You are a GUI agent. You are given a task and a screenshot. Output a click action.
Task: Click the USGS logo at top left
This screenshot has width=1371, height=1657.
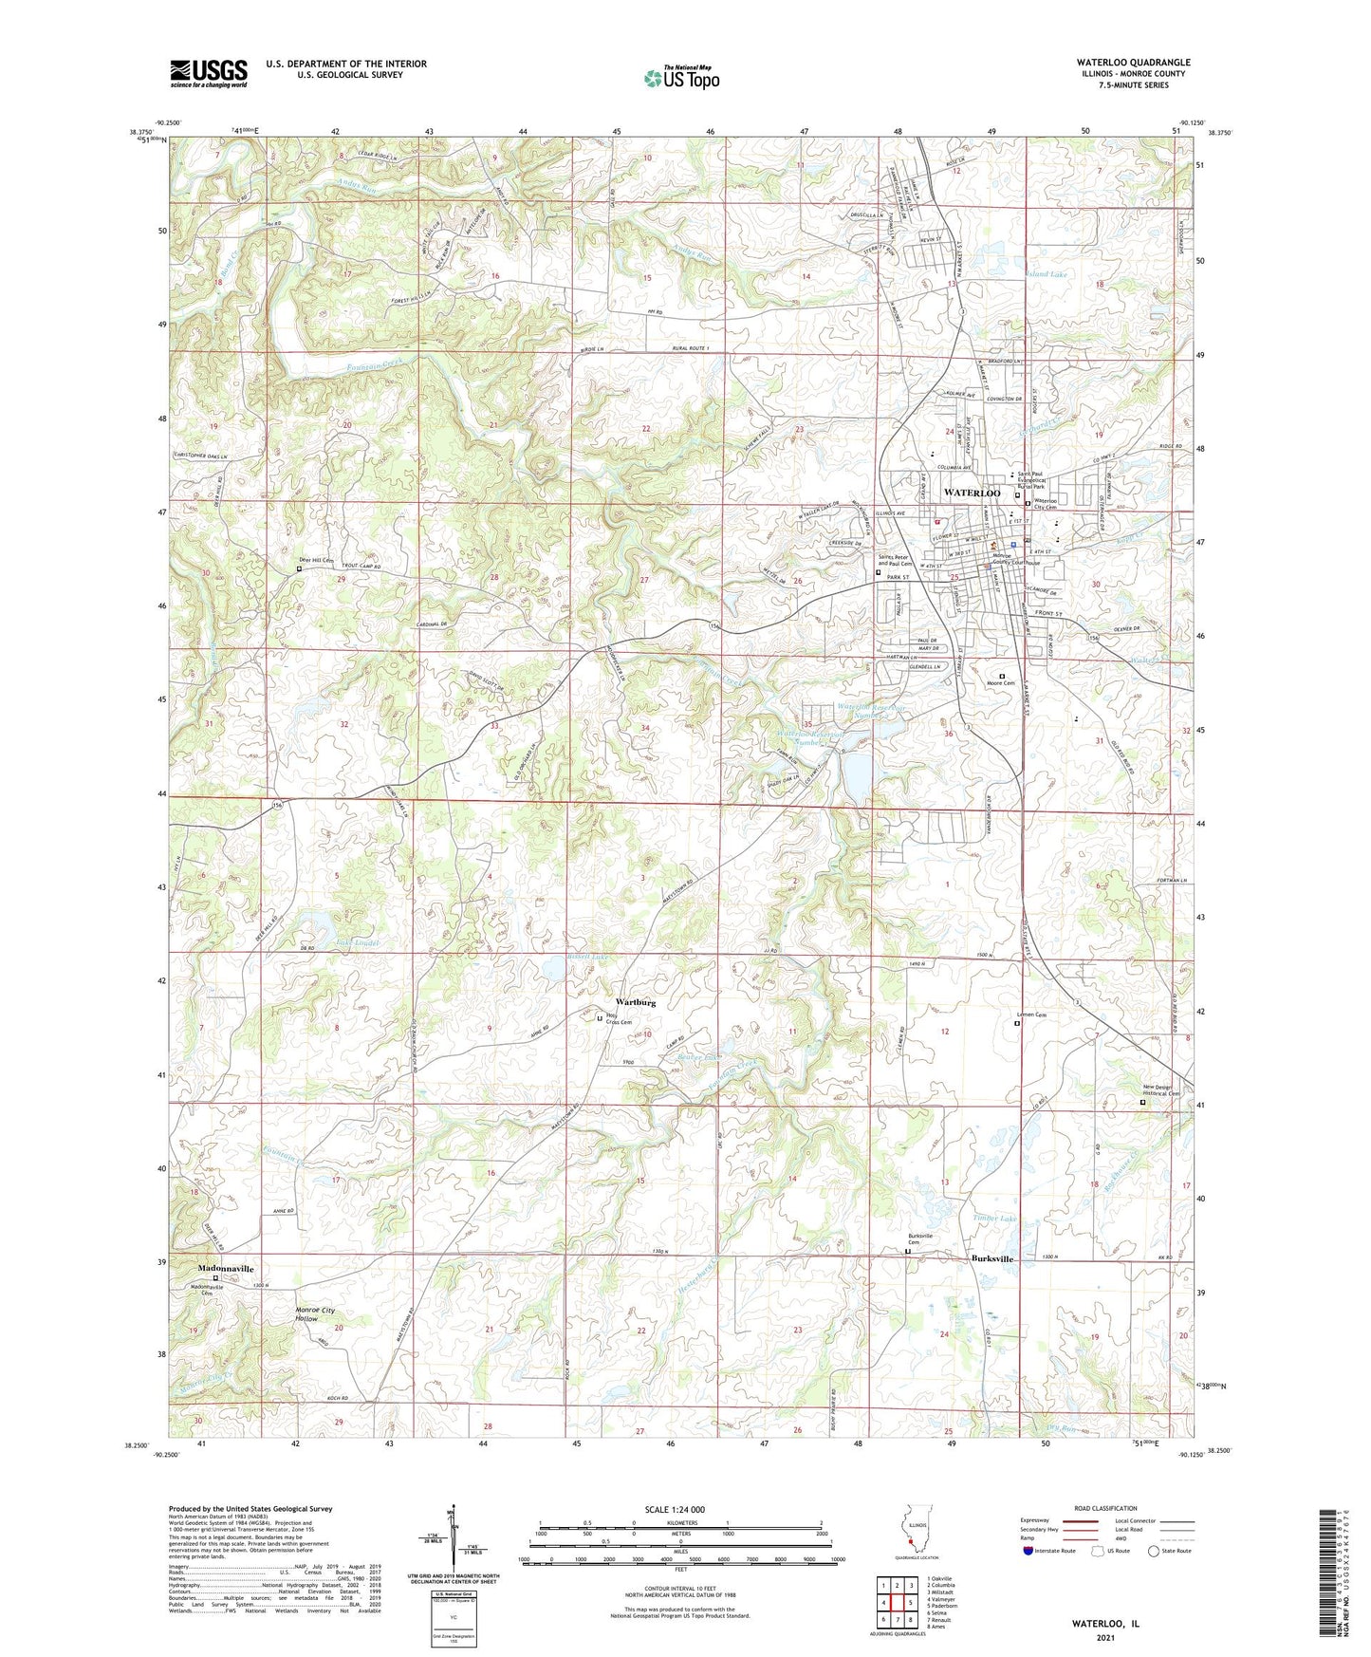point(209,72)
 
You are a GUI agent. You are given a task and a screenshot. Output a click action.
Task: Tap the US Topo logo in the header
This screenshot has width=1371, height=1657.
point(680,78)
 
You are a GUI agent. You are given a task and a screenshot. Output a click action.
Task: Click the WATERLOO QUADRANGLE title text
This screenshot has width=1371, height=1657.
point(1120,63)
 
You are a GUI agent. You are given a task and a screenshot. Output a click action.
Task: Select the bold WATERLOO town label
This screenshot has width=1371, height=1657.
point(972,493)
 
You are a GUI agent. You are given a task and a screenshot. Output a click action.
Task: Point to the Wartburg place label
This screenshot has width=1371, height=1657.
point(635,1002)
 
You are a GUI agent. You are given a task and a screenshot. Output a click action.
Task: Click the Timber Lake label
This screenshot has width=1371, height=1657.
point(994,1218)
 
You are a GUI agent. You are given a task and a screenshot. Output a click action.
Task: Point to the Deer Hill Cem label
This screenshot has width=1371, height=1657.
point(315,560)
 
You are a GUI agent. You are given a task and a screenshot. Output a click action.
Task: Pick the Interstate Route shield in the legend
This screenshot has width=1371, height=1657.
point(1028,1551)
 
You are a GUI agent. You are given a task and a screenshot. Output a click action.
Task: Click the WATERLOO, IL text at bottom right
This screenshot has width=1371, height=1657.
point(1105,1624)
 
